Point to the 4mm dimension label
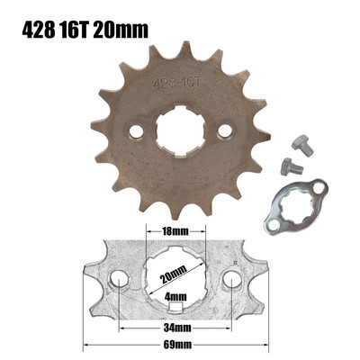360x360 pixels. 175,296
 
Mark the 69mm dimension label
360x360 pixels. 174,344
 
